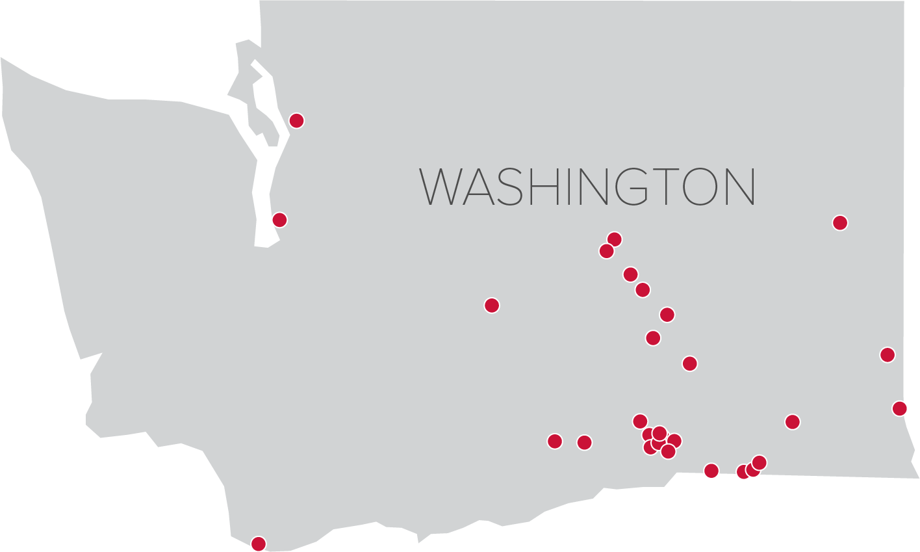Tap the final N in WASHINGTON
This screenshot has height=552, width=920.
coord(740,187)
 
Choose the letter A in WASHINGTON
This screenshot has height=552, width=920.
coord(477,187)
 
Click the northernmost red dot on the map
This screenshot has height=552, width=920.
coord(296,120)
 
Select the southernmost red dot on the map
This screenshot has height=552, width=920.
coord(259,544)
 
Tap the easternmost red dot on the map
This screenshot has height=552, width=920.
coord(899,408)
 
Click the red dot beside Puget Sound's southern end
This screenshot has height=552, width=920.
coord(279,220)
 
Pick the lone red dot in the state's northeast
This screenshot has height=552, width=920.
coord(840,222)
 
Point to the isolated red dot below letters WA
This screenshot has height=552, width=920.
coord(492,305)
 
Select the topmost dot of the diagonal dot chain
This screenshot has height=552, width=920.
coord(614,239)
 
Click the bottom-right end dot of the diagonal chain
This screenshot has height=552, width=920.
coord(689,363)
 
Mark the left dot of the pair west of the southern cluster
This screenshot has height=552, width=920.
coord(554,441)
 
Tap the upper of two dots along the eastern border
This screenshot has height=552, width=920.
coord(887,354)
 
